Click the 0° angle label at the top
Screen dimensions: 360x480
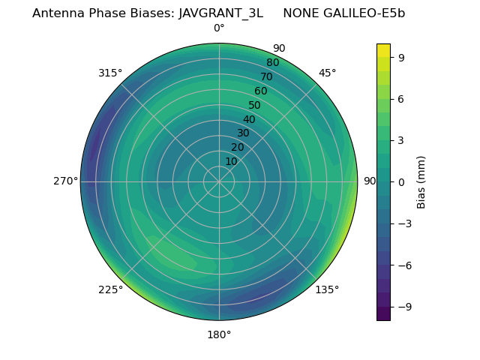coord(219,28)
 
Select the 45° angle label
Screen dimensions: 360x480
coord(327,73)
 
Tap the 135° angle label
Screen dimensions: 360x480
coord(327,289)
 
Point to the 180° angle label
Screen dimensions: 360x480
coord(219,334)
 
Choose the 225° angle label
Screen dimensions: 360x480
coord(110,289)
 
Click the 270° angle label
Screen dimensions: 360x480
coord(66,181)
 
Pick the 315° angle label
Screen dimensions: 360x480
coord(110,73)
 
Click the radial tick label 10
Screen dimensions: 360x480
coord(231,161)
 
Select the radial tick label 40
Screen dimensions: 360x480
coord(249,119)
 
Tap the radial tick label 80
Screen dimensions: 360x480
coord(272,63)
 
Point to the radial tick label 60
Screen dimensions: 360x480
coord(260,91)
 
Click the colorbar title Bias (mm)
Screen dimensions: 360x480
coord(421,181)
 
